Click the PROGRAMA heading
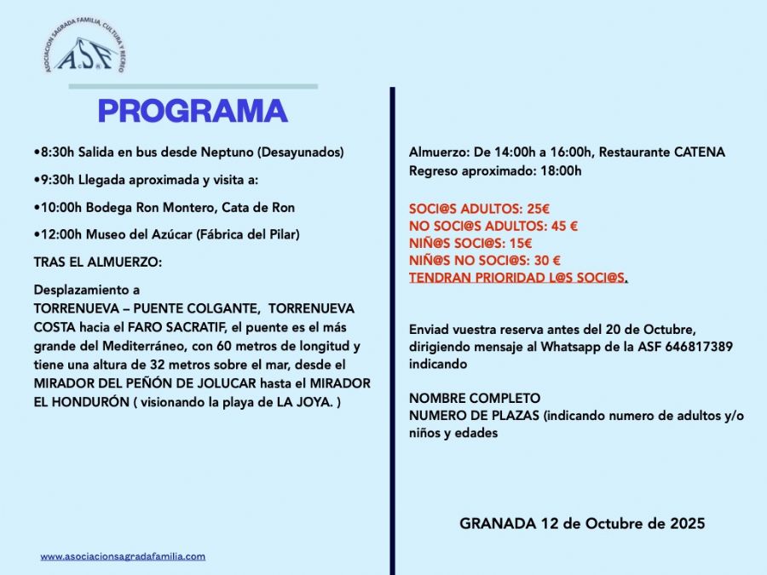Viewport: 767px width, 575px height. tap(192, 112)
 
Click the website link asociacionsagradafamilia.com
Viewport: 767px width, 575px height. tap(123, 556)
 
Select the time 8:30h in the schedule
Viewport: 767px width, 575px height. tap(56, 152)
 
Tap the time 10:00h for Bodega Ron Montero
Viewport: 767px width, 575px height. tap(60, 207)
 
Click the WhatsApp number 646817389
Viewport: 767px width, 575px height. tap(703, 347)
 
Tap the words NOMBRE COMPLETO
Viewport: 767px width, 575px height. tap(475, 398)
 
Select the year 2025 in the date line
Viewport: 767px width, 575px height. tap(686, 523)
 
